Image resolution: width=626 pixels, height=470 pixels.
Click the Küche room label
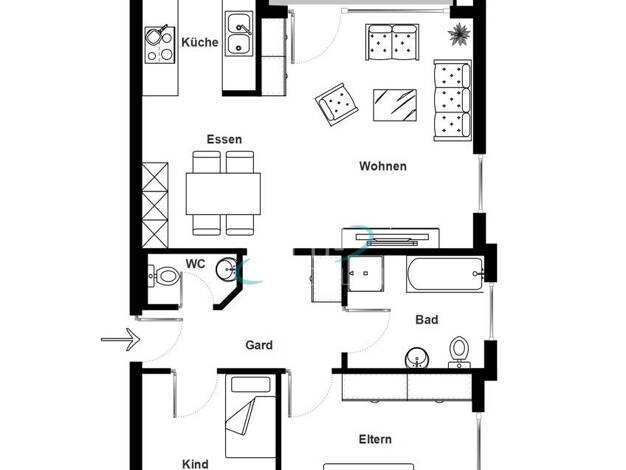click(200, 42)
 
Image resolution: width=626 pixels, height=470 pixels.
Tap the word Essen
click(224, 139)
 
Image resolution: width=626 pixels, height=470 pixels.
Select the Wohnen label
click(383, 166)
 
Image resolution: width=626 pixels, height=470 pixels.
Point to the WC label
click(195, 264)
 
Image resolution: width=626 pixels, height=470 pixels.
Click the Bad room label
click(427, 319)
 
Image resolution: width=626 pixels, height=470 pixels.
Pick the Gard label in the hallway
click(259, 345)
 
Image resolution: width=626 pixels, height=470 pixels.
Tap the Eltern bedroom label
click(375, 439)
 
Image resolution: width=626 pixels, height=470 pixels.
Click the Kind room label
click(195, 464)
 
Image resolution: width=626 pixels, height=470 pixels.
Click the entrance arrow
click(121, 339)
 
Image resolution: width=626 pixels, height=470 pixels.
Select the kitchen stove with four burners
click(160, 45)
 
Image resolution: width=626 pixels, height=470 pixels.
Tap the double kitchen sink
click(239, 34)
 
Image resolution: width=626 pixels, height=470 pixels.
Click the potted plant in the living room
click(460, 34)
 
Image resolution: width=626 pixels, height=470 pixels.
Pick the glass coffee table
click(395, 105)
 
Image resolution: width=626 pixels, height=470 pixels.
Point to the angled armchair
click(337, 104)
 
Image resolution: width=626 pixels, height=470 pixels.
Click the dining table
click(223, 194)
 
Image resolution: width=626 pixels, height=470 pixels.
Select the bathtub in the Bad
click(445, 274)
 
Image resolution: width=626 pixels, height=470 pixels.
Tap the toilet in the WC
click(163, 276)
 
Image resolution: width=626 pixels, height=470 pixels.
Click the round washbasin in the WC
click(227, 269)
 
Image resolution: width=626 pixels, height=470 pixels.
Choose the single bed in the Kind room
click(251, 416)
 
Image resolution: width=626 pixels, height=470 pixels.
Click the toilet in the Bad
click(459, 352)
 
